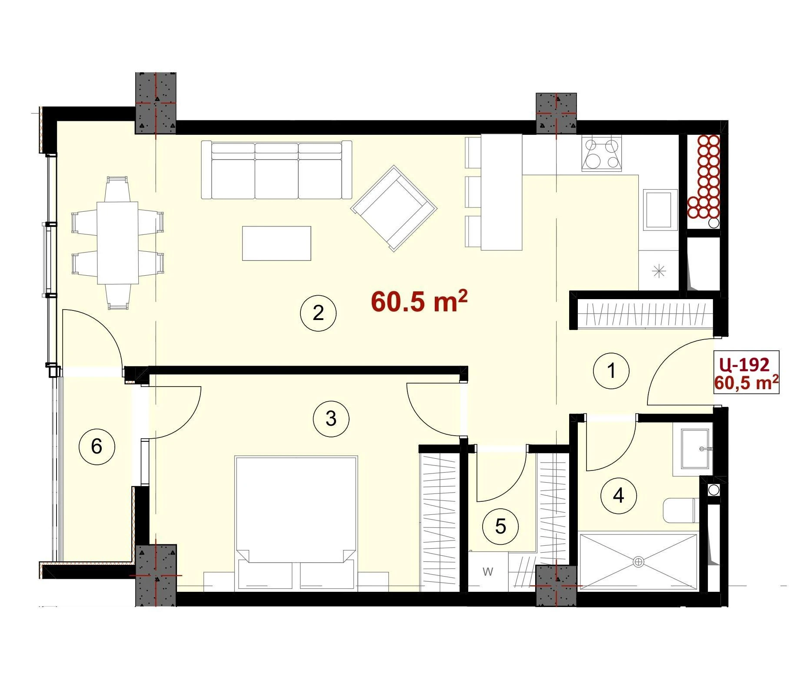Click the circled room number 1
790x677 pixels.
point(611,371)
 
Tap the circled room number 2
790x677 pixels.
point(318,313)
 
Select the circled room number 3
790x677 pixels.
point(331,419)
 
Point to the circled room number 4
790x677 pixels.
point(618,495)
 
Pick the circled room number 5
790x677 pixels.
point(500,527)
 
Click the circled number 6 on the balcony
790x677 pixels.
point(97,446)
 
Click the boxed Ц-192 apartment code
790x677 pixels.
point(744,365)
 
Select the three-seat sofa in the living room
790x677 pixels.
point(277,170)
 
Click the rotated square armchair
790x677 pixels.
point(394,208)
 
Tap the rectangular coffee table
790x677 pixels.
point(277,243)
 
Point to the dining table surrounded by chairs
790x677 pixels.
point(117,243)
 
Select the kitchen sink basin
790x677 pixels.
point(660,210)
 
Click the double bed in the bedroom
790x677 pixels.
point(296,524)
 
